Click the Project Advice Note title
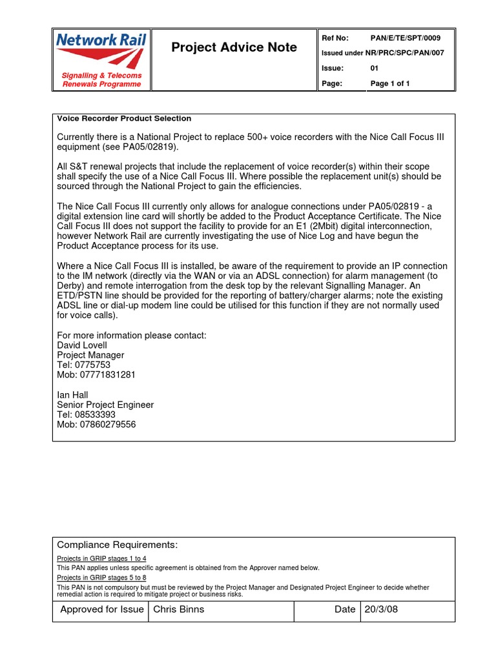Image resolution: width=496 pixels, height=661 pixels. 234,47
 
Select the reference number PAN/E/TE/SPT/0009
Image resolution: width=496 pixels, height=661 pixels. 406,38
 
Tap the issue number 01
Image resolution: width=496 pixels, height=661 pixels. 375,68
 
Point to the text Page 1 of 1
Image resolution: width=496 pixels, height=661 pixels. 390,83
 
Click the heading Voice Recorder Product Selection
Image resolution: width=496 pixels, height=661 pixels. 124,119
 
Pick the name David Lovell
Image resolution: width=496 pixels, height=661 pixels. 82,345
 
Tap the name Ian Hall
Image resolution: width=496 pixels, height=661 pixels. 73,395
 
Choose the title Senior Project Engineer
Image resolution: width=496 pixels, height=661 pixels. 105,405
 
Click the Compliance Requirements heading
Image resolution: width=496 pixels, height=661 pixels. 117,545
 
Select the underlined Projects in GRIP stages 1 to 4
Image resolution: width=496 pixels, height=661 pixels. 101,558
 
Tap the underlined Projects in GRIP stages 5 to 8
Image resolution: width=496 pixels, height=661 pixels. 101,578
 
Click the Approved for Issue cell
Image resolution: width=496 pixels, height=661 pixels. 101,609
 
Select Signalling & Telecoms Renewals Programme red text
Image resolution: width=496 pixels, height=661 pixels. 101,80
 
